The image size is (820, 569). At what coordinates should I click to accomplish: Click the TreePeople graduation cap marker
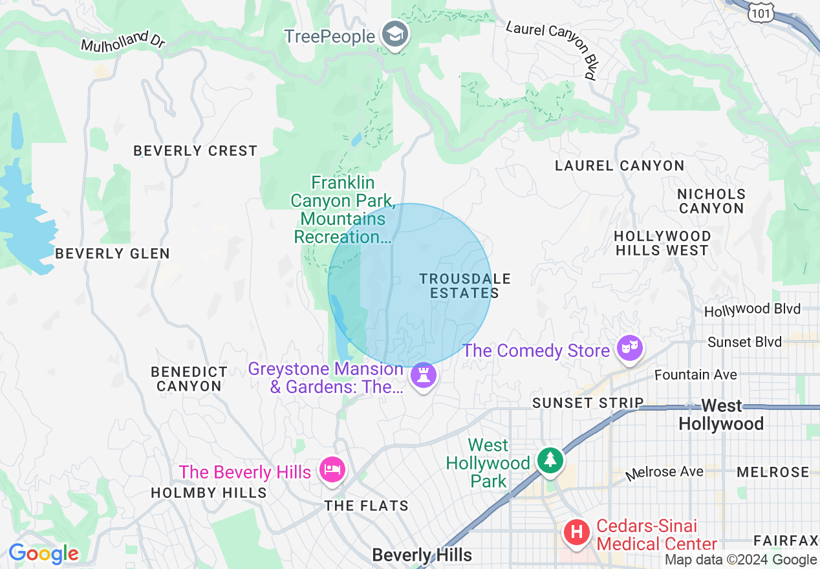394,35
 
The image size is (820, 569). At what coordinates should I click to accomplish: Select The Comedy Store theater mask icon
629,350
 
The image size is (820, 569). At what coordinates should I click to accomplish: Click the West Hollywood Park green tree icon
550,460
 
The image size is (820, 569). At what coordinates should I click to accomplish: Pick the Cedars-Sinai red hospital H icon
577,533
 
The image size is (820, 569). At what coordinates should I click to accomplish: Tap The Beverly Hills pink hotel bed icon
332,470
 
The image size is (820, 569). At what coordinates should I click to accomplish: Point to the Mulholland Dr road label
123,41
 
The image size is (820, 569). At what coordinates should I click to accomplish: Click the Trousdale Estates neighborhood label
465,286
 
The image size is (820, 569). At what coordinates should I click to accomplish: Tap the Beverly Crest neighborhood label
195,151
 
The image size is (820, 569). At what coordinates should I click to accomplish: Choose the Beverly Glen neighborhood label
113,253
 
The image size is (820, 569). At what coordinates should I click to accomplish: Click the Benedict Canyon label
189,379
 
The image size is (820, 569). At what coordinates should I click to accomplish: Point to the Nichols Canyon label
711,201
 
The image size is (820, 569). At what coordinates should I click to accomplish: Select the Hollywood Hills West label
662,243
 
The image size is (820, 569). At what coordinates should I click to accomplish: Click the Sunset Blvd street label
744,342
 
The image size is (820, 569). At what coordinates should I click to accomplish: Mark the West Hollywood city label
721,414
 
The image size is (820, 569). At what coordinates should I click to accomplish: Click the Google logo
43,554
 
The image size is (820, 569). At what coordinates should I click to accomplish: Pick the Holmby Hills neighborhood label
209,493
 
